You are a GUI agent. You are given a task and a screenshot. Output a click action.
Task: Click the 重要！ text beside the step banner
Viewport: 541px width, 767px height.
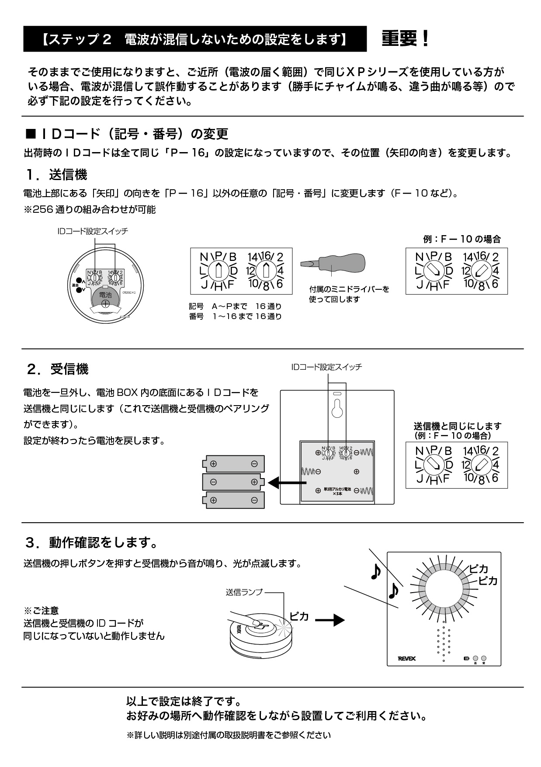click(406, 39)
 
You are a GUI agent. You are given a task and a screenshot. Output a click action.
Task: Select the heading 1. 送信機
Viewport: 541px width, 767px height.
click(56, 175)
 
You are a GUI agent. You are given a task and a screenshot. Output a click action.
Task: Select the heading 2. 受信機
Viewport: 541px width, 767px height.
click(57, 369)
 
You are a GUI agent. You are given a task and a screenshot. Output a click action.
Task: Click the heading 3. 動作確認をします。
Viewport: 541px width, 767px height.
click(92, 543)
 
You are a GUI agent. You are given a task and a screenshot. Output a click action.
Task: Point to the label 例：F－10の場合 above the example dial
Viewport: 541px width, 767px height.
click(461, 239)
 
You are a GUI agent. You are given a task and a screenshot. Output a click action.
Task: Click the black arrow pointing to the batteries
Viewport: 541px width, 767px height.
click(287, 483)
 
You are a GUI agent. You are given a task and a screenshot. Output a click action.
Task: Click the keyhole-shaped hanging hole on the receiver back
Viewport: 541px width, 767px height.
click(337, 409)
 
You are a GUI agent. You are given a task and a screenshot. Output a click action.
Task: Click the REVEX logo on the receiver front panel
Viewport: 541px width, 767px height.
click(406, 658)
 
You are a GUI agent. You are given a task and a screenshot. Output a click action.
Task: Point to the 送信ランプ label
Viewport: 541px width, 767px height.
click(244, 592)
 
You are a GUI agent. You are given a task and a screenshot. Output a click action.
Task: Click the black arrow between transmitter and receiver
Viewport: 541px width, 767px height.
click(329, 620)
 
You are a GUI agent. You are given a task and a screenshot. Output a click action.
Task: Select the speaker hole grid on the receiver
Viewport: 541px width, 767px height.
click(444, 642)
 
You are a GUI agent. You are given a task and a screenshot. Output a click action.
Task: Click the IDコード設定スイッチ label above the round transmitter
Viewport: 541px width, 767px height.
click(93, 231)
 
